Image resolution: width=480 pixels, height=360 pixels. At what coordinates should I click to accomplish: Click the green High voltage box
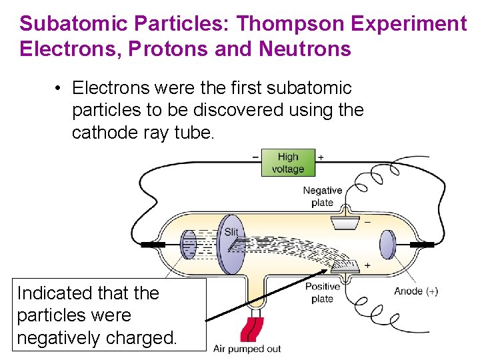click(x=288, y=163)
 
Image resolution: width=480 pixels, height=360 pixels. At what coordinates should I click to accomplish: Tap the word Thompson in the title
click(x=289, y=24)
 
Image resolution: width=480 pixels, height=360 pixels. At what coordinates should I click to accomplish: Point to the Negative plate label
click(x=322, y=196)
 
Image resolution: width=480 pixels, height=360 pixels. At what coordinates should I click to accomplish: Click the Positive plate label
click(x=322, y=292)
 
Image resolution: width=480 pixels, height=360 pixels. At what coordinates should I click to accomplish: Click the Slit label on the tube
click(x=231, y=232)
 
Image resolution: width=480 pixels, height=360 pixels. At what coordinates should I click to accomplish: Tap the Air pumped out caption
click(x=247, y=349)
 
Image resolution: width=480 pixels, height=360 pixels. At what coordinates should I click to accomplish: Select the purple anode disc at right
click(x=387, y=245)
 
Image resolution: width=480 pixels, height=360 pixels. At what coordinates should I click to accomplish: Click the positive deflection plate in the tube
click(x=345, y=267)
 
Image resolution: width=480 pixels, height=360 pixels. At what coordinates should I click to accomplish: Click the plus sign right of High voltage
click(x=321, y=157)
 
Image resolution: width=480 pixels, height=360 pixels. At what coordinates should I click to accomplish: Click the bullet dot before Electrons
click(x=59, y=89)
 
